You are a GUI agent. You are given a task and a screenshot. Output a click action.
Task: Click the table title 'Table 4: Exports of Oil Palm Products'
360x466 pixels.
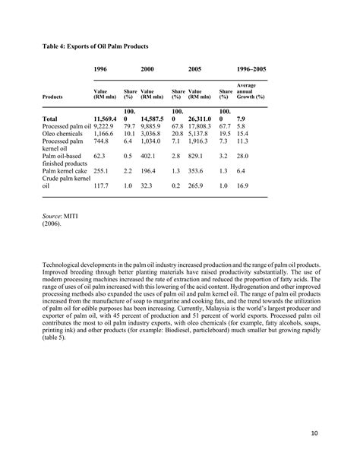(x=96, y=46)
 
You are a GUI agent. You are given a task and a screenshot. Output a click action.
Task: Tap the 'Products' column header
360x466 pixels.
(x=53, y=97)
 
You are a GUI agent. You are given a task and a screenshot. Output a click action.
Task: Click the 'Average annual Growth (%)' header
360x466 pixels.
(x=251, y=91)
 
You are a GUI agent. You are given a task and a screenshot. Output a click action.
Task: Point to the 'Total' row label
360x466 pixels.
(x=50, y=119)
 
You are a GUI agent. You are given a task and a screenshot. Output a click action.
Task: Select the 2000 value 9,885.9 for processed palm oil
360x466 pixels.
(x=153, y=128)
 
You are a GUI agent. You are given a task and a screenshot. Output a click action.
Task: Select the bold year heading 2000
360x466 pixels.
(x=147, y=69)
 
